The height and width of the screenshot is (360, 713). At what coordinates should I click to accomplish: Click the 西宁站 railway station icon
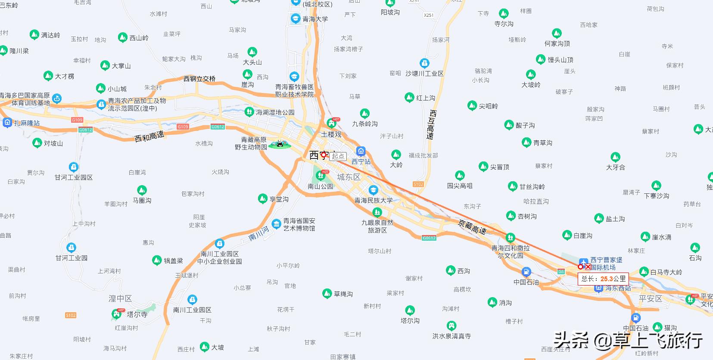[361, 151]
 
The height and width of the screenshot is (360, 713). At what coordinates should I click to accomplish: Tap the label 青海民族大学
[374, 200]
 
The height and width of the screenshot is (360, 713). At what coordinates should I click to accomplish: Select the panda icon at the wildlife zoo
[280, 144]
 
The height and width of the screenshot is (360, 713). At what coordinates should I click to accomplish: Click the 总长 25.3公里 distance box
[603, 279]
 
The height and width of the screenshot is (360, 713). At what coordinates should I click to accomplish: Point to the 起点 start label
[338, 156]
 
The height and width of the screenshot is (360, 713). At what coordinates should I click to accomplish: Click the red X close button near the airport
[588, 267]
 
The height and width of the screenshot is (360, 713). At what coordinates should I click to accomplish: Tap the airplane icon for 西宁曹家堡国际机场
[583, 262]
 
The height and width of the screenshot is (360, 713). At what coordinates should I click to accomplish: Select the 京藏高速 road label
[472, 227]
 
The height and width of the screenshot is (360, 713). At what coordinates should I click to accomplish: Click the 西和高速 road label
[149, 137]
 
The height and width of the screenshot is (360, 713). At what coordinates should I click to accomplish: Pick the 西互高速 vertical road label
[431, 124]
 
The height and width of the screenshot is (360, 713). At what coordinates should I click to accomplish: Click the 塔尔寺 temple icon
[116, 314]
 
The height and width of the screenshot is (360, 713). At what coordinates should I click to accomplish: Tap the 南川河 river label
[259, 233]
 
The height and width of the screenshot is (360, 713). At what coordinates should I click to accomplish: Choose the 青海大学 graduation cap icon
[295, 18]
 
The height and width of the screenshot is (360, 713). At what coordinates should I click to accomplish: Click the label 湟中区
[120, 298]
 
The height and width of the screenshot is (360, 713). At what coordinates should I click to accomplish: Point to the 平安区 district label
[650, 298]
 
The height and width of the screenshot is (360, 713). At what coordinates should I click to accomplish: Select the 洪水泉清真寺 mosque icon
[451, 326]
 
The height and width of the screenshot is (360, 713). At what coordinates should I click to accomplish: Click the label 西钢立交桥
[199, 79]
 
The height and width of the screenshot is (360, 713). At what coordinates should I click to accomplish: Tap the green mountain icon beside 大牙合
[615, 157]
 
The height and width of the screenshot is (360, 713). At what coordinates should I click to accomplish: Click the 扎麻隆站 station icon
[7, 123]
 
